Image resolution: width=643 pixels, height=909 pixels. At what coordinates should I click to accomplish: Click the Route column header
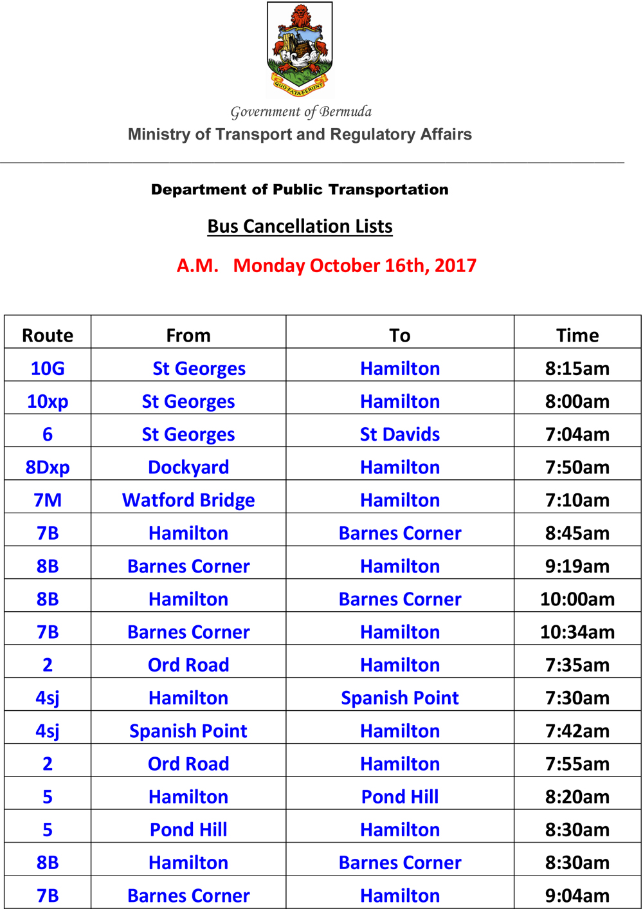point(48,335)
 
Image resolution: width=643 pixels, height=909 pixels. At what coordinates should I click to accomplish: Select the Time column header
point(577,335)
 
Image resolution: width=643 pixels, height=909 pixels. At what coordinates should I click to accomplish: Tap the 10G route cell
point(48,369)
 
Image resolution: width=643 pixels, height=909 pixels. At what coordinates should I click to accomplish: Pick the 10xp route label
point(48,401)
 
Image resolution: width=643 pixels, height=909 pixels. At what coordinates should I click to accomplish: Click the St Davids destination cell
point(400,434)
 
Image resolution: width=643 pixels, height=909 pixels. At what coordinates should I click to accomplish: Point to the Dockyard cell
point(188,467)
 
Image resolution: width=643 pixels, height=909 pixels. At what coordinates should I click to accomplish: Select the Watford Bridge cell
point(188,500)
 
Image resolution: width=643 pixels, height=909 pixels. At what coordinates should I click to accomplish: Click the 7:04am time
point(577,434)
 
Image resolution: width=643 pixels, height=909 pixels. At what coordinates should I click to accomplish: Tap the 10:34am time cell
point(577,632)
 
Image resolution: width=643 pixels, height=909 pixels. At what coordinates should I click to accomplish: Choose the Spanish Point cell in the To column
point(400,698)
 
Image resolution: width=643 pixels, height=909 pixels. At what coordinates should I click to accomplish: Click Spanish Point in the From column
point(188,731)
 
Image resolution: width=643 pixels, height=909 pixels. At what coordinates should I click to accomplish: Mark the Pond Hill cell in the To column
point(400,796)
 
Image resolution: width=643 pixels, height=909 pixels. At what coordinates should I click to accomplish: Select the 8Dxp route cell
point(48,467)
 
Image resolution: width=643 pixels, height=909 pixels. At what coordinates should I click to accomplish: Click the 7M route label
point(48,500)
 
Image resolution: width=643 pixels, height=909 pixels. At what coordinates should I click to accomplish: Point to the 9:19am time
point(577,566)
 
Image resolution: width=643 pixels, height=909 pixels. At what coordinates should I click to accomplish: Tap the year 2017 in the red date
point(455,266)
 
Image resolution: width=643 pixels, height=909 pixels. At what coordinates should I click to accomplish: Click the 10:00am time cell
point(577,599)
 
